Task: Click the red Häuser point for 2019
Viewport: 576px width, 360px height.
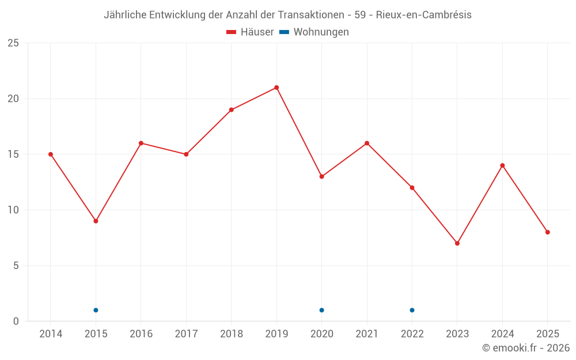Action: point(276,88)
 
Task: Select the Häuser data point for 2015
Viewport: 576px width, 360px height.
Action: point(96,221)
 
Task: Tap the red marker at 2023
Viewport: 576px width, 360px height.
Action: point(457,243)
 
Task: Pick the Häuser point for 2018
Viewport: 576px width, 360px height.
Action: point(231,110)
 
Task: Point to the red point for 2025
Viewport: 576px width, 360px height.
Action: point(548,232)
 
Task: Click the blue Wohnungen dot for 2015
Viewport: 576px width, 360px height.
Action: point(96,310)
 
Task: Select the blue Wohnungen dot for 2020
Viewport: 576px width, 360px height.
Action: point(321,310)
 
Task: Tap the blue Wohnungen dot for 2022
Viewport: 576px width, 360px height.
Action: point(412,310)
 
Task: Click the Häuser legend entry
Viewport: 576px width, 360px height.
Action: point(250,32)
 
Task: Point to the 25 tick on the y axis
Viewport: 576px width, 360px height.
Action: point(13,43)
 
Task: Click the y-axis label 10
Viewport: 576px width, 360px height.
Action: point(13,210)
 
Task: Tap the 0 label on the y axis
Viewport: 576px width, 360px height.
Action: point(16,321)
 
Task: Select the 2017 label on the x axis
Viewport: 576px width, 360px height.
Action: point(186,334)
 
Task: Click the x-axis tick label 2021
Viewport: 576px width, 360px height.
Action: point(367,334)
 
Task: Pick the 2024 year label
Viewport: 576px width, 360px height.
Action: point(502,334)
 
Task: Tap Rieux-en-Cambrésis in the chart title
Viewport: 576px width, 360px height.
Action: point(423,15)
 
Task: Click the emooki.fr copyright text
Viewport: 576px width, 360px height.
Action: point(526,348)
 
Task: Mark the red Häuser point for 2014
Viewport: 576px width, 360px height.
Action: point(51,154)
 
